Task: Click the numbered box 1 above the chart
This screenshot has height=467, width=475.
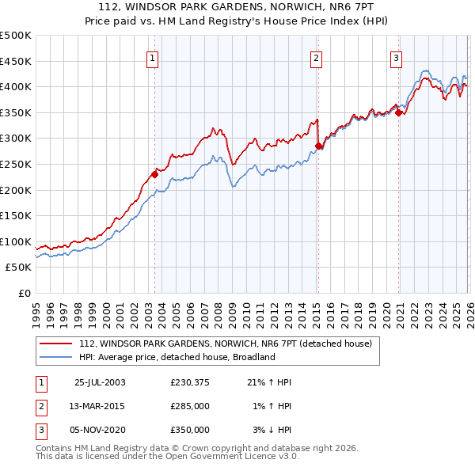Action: [151, 57]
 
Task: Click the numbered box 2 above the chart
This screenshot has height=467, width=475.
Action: [316, 57]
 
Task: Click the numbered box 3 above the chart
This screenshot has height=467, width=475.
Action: [396, 57]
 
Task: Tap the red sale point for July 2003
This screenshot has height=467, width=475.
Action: [155, 174]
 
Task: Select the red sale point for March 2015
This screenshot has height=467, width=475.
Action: [318, 146]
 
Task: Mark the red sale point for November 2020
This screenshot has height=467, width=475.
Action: [398, 112]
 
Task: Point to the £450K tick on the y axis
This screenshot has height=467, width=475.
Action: [16, 61]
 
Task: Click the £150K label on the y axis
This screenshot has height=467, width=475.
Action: [16, 215]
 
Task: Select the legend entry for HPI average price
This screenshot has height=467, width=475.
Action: [177, 357]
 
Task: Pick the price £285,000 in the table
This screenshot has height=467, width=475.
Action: [190, 406]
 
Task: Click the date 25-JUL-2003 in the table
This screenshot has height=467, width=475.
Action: [100, 382]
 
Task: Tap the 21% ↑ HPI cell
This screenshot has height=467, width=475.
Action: [269, 382]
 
